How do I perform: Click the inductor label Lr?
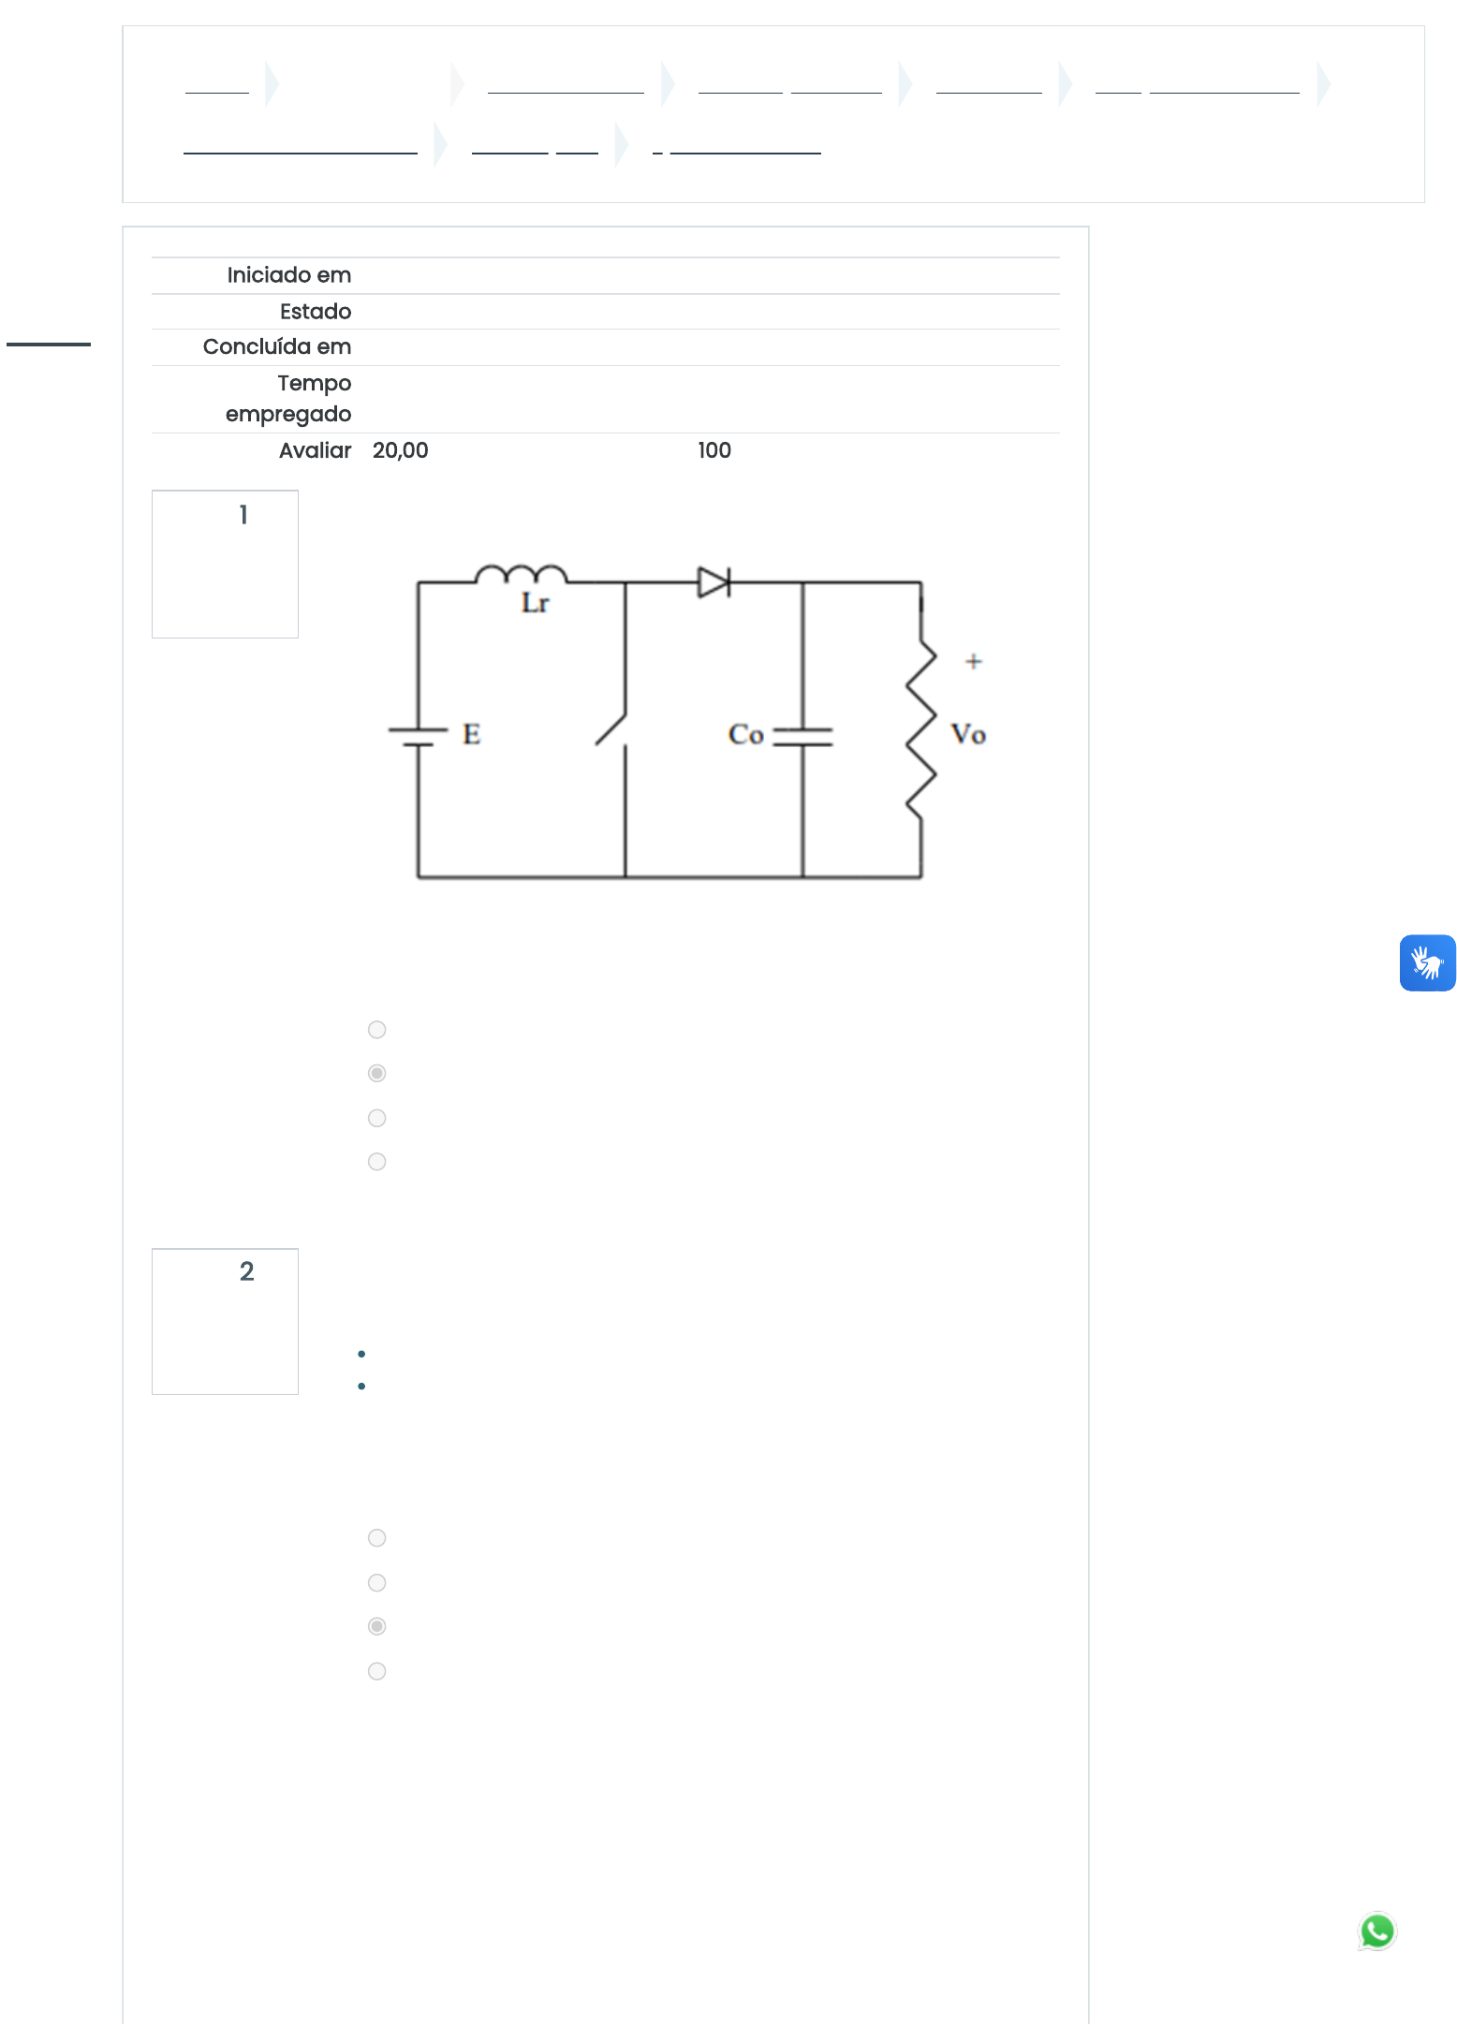click(535, 603)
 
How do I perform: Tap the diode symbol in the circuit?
click(714, 582)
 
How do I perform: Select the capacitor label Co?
click(746, 734)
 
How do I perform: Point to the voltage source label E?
click(471, 734)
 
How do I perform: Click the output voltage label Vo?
click(968, 734)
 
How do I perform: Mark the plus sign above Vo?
click(974, 661)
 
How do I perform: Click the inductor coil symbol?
click(521, 573)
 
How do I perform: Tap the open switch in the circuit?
click(611, 730)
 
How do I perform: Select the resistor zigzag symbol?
click(921, 729)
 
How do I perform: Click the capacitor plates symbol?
click(802, 737)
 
